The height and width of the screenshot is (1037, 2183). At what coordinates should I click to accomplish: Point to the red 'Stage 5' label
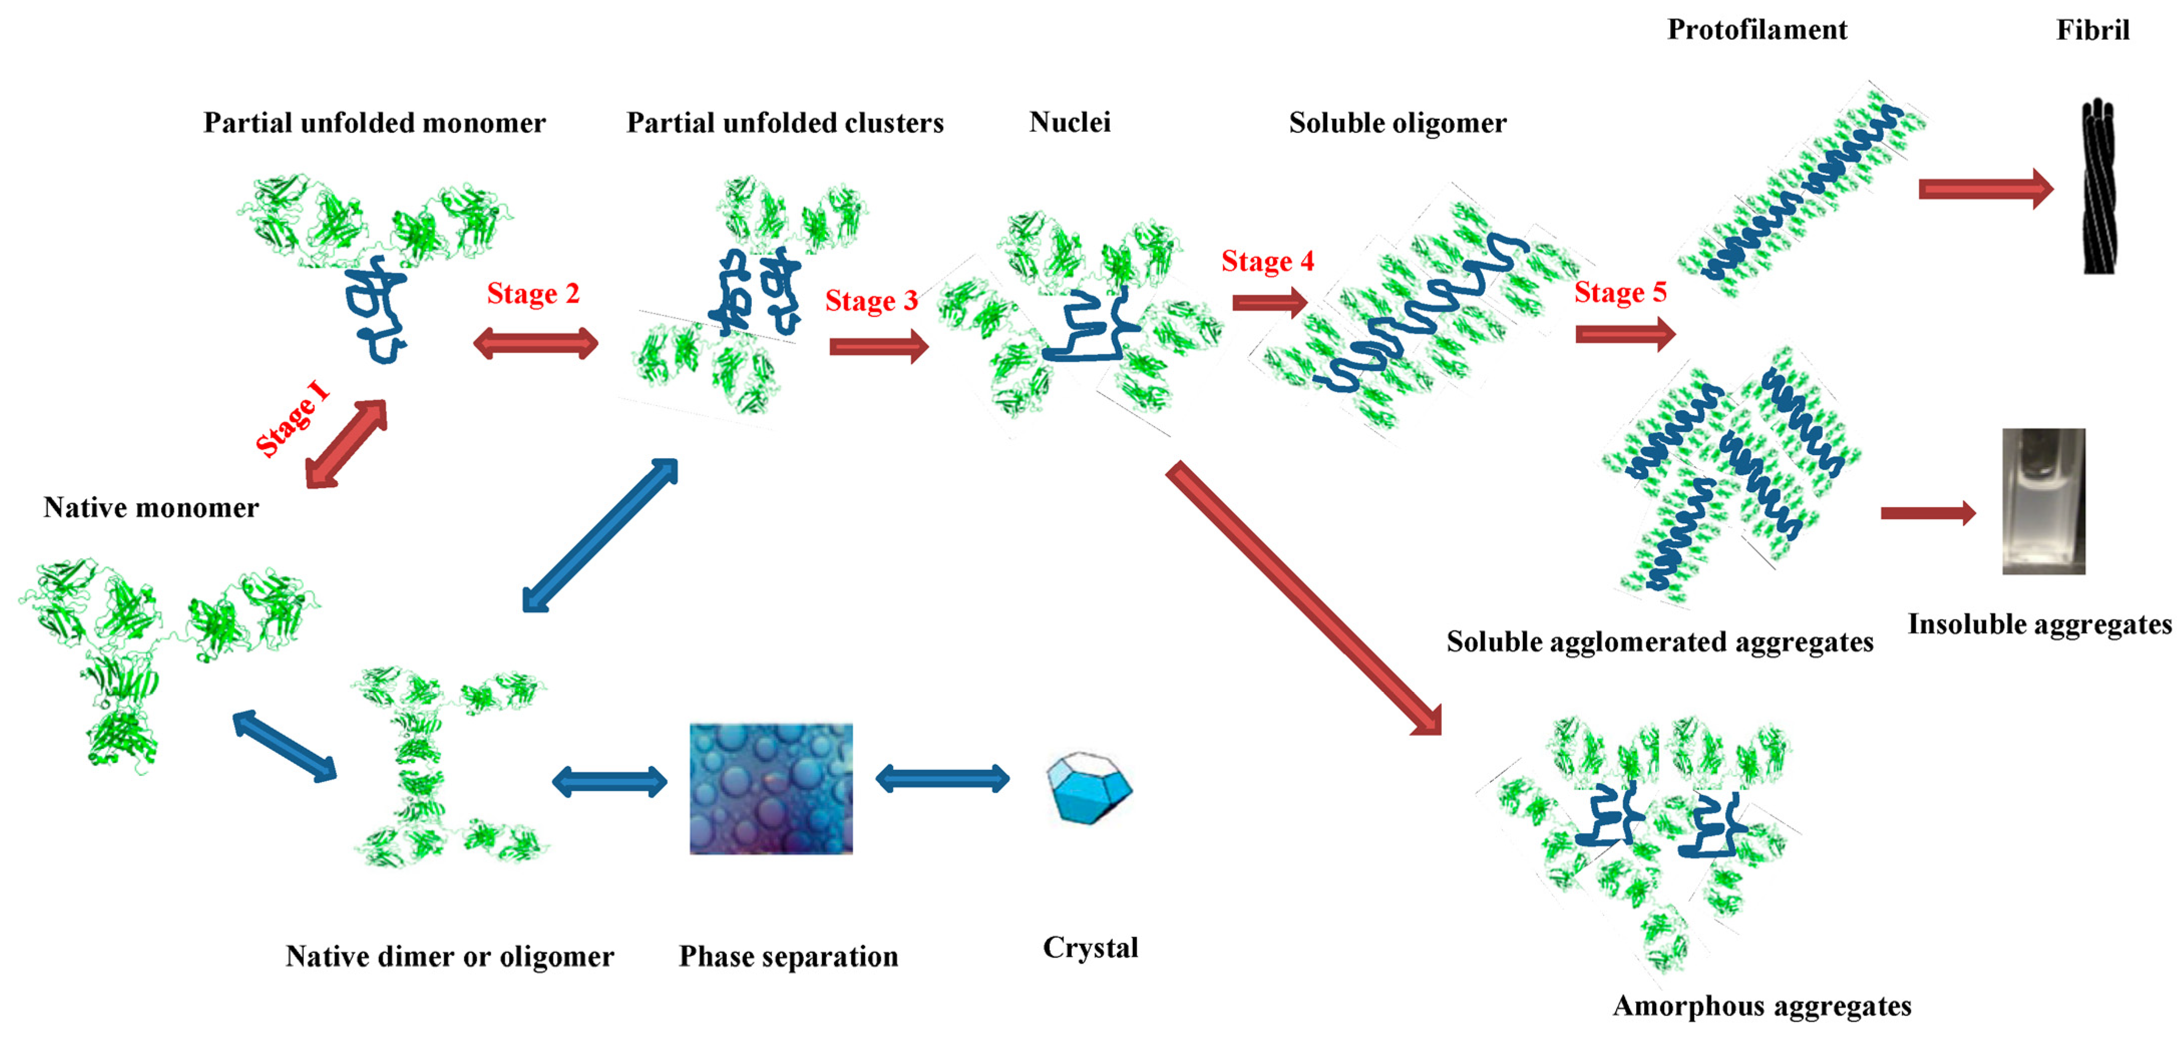(1620, 292)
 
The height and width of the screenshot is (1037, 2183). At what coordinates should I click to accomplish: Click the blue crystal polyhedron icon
(1089, 787)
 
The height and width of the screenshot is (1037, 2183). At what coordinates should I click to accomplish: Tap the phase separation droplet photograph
(770, 788)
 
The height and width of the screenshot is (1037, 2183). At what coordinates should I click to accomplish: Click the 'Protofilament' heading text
(1757, 30)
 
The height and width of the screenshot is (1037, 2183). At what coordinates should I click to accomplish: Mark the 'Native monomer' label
(151, 508)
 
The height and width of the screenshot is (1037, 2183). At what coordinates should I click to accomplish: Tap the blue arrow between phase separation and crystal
(942, 778)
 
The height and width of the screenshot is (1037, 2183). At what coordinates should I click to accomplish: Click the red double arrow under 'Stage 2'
(535, 344)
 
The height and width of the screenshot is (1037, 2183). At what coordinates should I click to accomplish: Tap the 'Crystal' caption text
(1090, 947)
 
